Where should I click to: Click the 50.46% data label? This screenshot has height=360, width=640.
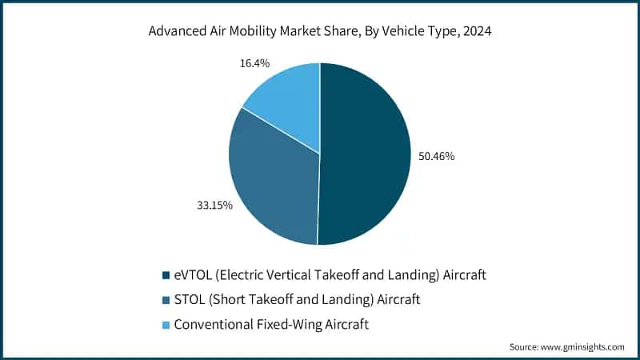pos(437,156)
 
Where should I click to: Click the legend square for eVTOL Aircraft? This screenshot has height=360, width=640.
pos(165,275)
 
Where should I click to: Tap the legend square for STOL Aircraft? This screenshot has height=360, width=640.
pos(165,300)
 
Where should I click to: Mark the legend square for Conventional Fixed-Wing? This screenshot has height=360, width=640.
pos(165,325)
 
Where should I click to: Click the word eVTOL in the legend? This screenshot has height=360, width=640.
pos(191,275)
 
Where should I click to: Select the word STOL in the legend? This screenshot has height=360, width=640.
pos(189,300)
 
